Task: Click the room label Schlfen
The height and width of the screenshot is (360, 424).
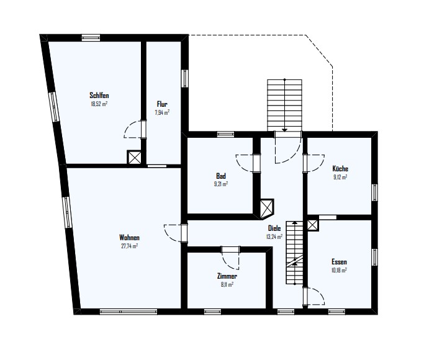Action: [99, 96]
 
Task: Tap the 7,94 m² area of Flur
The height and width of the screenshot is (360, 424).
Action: [162, 112]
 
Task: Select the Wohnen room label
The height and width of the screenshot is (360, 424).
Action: [130, 238]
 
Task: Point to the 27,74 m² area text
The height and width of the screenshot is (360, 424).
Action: [130, 246]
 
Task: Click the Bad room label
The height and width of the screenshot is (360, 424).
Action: [220, 176]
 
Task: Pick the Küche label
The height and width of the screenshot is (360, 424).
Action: [340, 169]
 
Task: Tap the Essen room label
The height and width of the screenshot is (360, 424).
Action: [339, 262]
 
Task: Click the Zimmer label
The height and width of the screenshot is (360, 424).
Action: [227, 276]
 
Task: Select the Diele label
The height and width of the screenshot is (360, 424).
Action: [274, 228]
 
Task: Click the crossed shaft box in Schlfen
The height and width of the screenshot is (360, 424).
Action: [134, 157]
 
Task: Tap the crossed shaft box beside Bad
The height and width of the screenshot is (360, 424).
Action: [267, 209]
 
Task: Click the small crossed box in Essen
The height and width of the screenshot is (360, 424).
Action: [313, 225]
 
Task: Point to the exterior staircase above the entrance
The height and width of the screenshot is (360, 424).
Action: [284, 106]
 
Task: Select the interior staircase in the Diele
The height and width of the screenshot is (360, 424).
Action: [294, 252]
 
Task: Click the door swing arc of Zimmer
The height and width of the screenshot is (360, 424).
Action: [230, 262]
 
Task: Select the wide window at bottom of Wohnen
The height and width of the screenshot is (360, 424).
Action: [129, 312]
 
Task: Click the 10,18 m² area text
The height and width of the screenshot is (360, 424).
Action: [339, 270]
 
